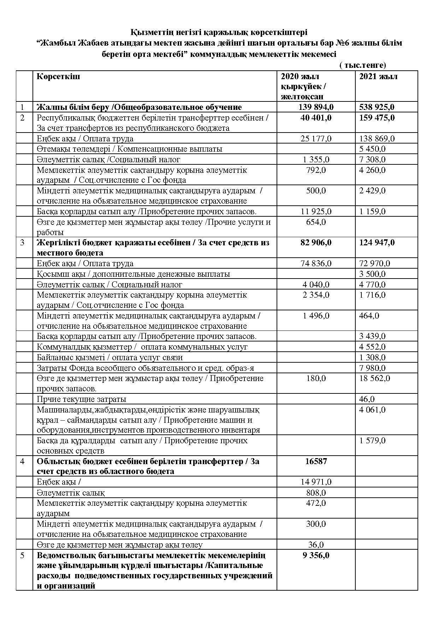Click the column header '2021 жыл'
(x=378, y=77)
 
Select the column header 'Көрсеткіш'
(x=58, y=77)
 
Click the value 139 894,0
(x=316, y=107)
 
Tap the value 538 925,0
(x=377, y=107)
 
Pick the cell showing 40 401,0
(x=316, y=118)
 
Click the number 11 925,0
(x=316, y=211)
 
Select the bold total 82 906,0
(x=316, y=242)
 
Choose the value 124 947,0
(x=377, y=242)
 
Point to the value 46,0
(x=367, y=399)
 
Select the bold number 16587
(x=316, y=461)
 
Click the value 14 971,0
(x=316, y=482)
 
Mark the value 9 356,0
(x=316, y=555)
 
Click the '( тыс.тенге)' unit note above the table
(x=362, y=65)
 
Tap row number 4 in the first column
(x=22, y=461)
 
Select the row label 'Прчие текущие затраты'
(x=82, y=399)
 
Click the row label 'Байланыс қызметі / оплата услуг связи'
(x=109, y=357)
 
